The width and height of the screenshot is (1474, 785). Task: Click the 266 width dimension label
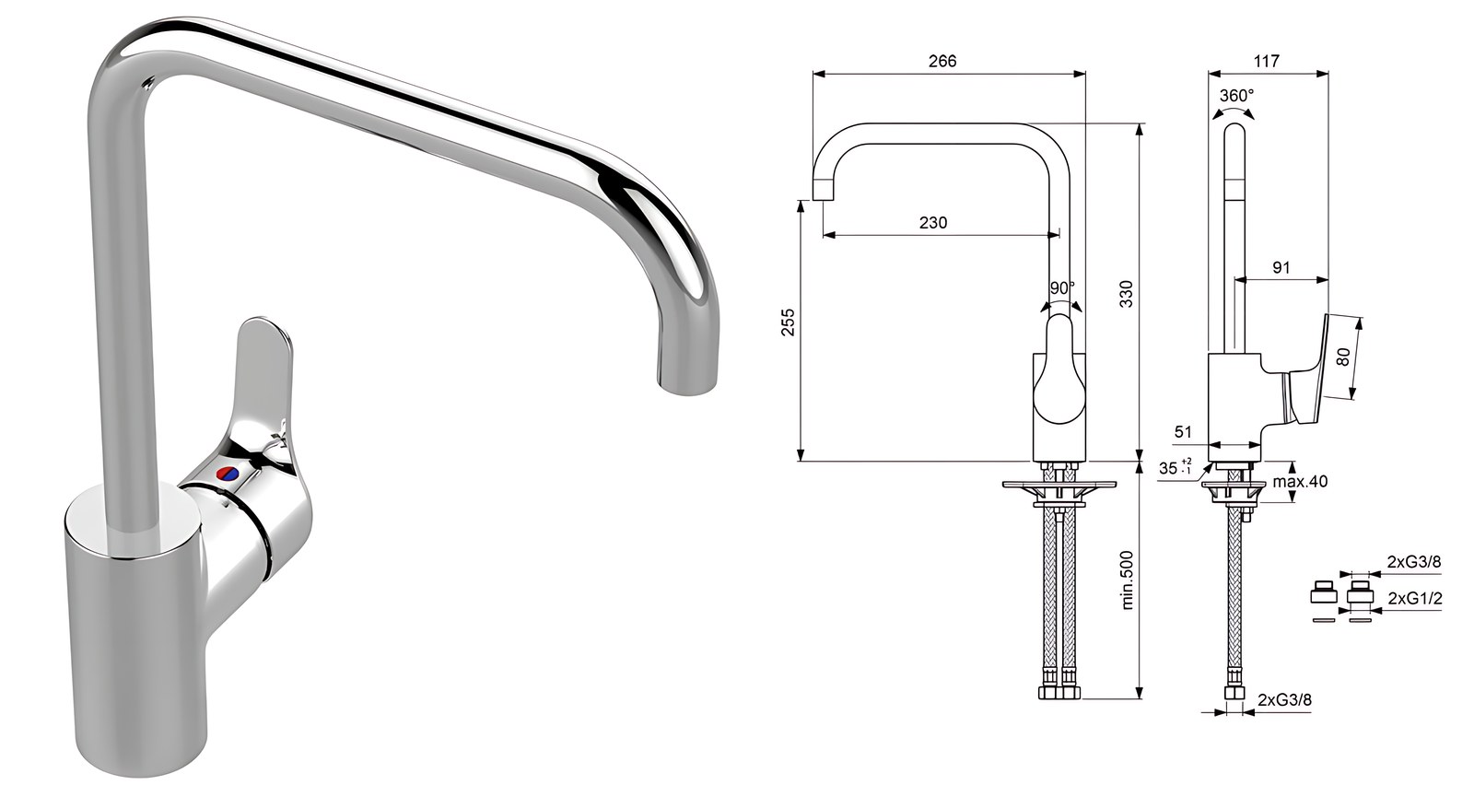pyautogui.click(x=942, y=61)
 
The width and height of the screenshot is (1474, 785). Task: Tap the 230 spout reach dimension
pyautogui.click(x=933, y=223)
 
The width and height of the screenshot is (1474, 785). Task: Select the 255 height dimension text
pyautogui.click(x=788, y=322)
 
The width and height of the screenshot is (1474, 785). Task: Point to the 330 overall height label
pyautogui.click(x=1127, y=294)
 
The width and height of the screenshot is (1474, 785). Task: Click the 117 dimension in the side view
pyautogui.click(x=1267, y=61)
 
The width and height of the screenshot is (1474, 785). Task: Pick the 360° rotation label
pyautogui.click(x=1236, y=96)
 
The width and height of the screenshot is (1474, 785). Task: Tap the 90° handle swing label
pyautogui.click(x=1062, y=288)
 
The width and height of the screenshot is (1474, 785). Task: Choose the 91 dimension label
pyautogui.click(x=1281, y=268)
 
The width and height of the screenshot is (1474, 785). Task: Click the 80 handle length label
pyautogui.click(x=1344, y=357)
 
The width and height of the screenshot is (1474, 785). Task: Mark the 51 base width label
pyautogui.click(x=1183, y=432)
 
